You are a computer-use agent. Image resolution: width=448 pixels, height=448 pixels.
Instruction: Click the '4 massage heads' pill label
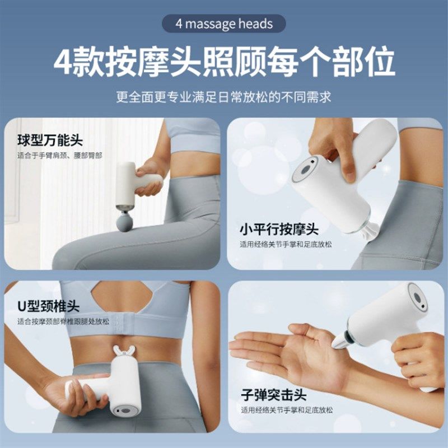click(x=223, y=24)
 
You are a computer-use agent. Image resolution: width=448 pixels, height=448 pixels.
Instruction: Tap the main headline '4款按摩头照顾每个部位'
click(x=224, y=62)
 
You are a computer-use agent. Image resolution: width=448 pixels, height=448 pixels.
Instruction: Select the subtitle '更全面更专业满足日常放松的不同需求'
click(x=224, y=96)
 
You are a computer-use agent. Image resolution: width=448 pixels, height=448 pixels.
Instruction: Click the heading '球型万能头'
click(x=50, y=140)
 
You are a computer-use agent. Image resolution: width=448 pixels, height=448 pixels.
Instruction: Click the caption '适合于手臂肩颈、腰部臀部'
click(x=60, y=155)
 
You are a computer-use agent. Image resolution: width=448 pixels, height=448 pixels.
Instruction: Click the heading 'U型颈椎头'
click(x=49, y=307)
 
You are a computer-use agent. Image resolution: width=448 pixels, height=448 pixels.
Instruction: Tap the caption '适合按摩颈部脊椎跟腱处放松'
click(x=63, y=322)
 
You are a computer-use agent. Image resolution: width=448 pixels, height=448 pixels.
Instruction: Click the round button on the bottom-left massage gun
click(x=124, y=412)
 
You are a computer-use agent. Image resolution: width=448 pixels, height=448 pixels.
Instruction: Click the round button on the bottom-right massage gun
click(x=417, y=297)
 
